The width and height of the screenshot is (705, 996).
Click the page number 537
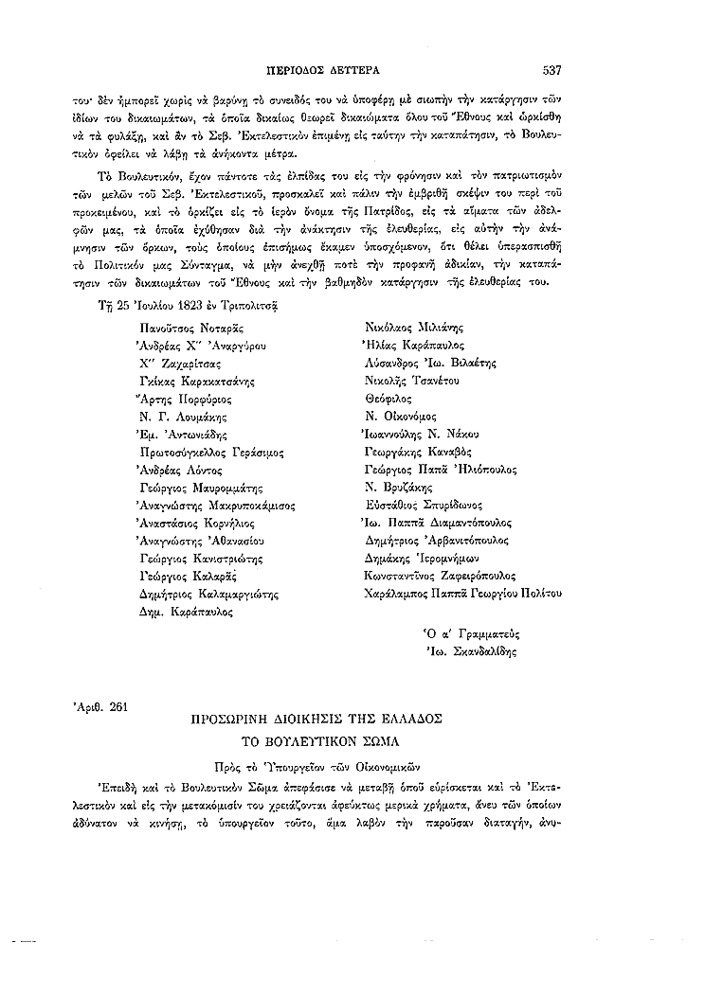pos(553,68)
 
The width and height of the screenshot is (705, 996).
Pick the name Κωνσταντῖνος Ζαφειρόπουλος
pos(440,575)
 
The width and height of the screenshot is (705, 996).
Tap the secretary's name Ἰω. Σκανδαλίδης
pos(467,650)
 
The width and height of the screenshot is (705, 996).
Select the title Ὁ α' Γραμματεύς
pos(469,632)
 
